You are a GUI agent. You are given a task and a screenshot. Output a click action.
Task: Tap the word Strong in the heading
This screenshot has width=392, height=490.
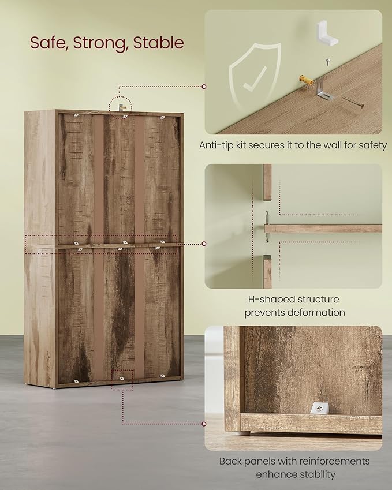(x=100, y=43)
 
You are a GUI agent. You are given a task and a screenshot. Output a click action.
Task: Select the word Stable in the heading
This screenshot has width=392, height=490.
(x=159, y=43)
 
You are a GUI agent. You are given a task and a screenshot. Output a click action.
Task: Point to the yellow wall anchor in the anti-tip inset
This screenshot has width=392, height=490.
(x=306, y=81)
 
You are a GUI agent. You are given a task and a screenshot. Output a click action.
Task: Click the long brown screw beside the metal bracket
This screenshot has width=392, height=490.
(x=353, y=103)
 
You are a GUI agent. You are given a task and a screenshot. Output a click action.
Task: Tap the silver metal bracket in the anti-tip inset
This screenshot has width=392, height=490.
(x=323, y=90)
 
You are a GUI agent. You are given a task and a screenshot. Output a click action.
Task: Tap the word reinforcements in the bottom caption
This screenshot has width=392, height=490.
(x=334, y=461)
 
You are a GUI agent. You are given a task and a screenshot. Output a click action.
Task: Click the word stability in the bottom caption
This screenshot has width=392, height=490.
(x=318, y=474)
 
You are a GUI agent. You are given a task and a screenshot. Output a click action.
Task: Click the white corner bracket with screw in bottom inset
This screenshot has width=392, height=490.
(x=320, y=408)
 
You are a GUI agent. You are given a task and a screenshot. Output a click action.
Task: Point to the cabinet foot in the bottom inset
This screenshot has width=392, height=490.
(x=243, y=433)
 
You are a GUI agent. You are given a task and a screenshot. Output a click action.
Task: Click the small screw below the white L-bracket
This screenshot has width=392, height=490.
(x=327, y=62)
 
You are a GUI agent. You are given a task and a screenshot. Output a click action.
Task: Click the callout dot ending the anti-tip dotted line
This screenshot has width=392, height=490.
(x=204, y=87)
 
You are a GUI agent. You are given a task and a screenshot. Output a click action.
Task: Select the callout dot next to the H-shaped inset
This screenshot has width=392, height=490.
(x=204, y=244)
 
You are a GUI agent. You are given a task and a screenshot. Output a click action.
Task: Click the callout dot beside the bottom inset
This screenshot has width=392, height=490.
(x=204, y=424)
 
